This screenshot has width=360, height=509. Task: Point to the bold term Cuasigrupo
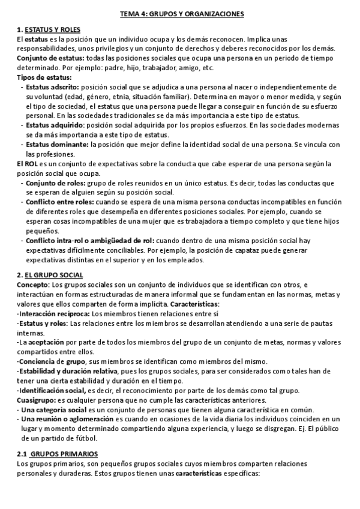[x=36, y=400]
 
